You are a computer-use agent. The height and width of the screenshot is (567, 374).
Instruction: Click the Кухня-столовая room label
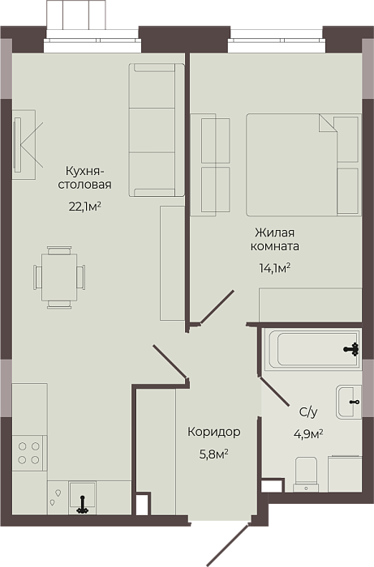pyautogui.click(x=84, y=177)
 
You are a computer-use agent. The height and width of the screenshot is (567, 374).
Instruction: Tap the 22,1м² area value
pyautogui.click(x=84, y=207)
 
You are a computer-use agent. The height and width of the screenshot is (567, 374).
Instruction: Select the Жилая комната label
pyautogui.click(x=275, y=239)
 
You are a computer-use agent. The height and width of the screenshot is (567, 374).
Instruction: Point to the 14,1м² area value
pyautogui.click(x=275, y=268)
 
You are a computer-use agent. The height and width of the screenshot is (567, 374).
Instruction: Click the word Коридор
pyautogui.click(x=214, y=432)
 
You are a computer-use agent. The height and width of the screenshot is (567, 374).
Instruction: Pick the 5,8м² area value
pyautogui.click(x=214, y=454)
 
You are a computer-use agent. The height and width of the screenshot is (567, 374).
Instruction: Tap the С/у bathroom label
pyautogui.click(x=308, y=411)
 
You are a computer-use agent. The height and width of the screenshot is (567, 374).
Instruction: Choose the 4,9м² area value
pyautogui.click(x=308, y=433)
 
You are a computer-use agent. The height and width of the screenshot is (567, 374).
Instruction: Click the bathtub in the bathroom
pyautogui.click(x=312, y=349)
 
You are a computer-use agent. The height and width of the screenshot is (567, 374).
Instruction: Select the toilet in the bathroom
pyautogui.click(x=307, y=474)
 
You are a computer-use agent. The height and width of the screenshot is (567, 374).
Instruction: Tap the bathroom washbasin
pyautogui.click(x=349, y=402)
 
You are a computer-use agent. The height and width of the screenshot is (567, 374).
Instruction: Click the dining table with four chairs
pyautogui.click(x=59, y=277)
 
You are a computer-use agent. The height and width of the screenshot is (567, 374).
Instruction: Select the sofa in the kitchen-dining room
pyautogui.click(x=157, y=130)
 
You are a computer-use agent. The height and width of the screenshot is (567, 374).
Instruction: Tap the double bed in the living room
pyautogui.click(x=303, y=165)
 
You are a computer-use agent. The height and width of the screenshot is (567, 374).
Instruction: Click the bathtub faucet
pyautogui.click(x=351, y=349)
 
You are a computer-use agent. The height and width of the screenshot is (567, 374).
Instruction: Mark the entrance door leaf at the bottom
pyautogui.click(x=228, y=544)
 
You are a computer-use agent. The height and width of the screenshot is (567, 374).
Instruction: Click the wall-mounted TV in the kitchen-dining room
pyautogui.click(x=17, y=145)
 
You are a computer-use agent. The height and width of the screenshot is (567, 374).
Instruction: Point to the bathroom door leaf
pyautogui.click(x=274, y=392)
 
